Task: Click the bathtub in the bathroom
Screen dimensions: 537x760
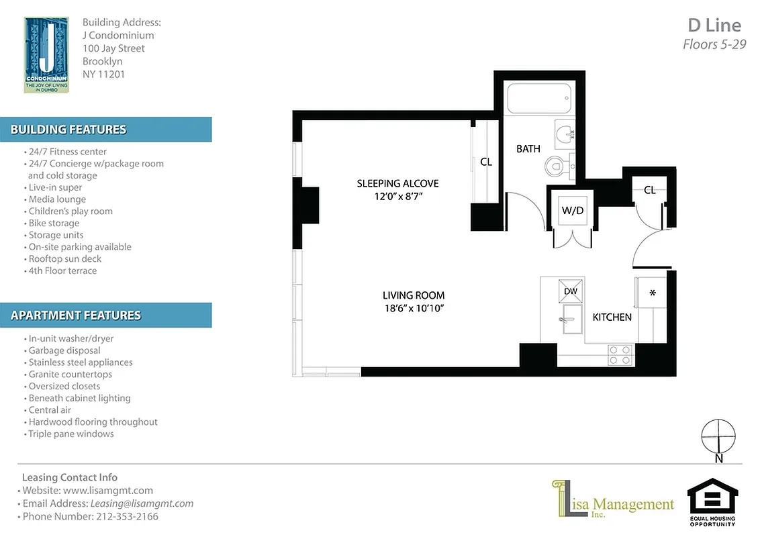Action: click(540, 98)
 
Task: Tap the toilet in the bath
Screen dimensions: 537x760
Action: click(557, 165)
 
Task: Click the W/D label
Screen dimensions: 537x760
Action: click(572, 209)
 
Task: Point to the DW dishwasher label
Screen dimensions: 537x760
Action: click(571, 291)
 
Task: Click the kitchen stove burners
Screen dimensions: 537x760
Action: click(620, 355)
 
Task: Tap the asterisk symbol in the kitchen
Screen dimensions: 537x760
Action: click(652, 293)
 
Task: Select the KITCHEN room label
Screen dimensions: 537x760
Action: click(612, 317)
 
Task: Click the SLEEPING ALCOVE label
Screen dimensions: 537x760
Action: click(397, 183)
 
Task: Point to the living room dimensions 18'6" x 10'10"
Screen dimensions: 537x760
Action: click(414, 308)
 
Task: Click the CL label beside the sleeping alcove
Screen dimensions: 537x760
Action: click(486, 162)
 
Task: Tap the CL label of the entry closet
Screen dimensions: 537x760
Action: click(649, 190)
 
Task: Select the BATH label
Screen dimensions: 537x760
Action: click(528, 148)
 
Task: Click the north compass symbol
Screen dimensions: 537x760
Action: click(718, 438)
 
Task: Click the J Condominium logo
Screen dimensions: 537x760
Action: click(46, 54)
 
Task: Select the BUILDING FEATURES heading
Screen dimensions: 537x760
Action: click(68, 130)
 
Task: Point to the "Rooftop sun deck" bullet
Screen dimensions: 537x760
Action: click(64, 258)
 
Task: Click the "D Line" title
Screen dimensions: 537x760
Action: click(714, 26)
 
